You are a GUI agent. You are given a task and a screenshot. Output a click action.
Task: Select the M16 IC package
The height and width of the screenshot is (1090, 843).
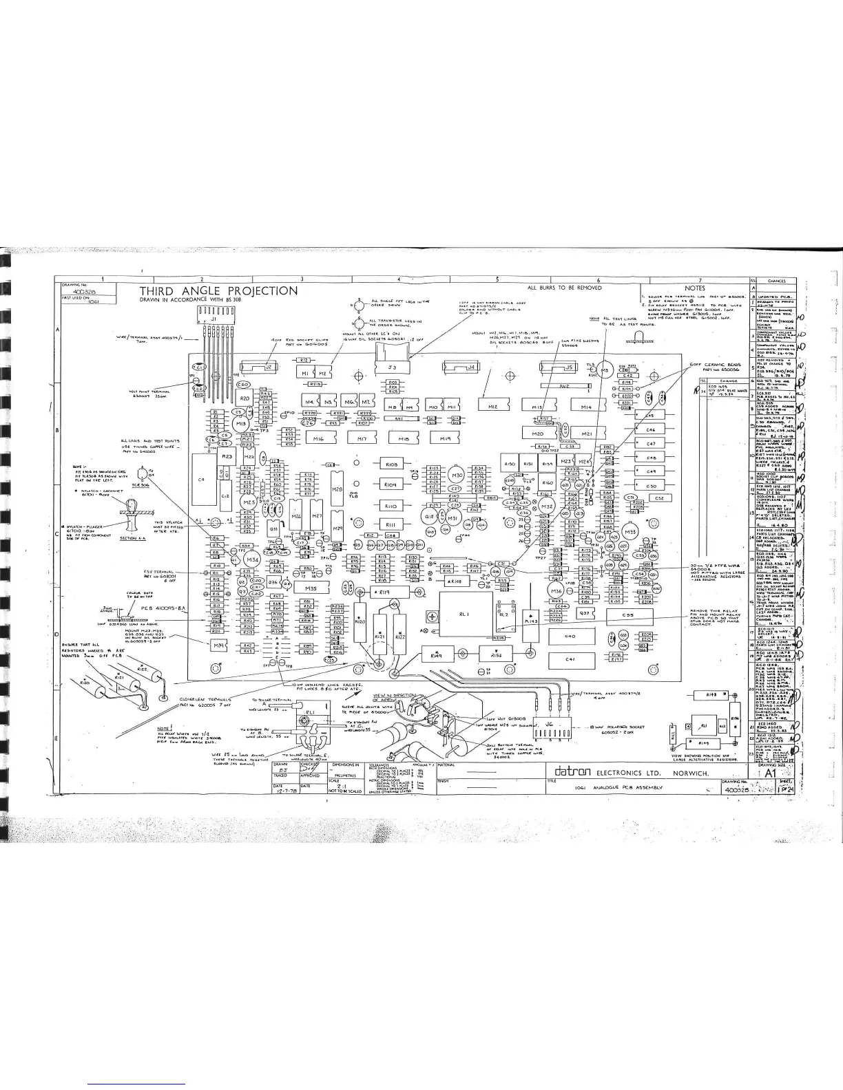(x=318, y=438)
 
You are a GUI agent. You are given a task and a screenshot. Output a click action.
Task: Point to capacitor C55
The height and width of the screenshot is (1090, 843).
(x=627, y=615)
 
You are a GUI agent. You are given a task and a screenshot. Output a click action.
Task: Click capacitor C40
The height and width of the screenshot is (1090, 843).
(x=570, y=637)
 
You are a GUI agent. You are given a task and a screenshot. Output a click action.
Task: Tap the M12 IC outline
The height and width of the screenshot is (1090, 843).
(x=493, y=407)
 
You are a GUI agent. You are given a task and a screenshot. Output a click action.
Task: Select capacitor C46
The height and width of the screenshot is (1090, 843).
(x=651, y=429)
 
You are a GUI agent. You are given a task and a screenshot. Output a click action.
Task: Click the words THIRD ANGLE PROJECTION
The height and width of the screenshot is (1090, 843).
(x=219, y=291)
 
